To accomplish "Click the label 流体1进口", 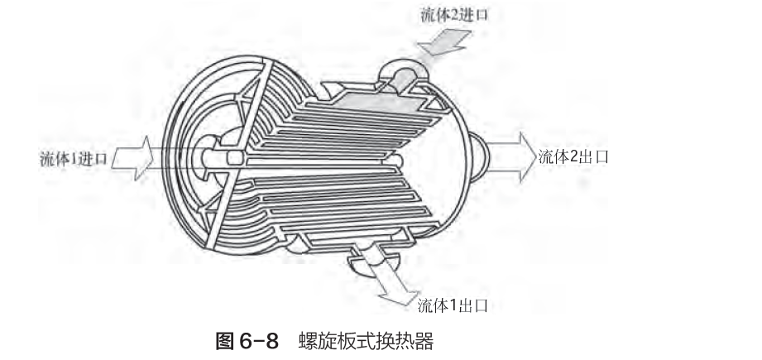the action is [74, 157].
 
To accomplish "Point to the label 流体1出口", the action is [453, 305].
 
